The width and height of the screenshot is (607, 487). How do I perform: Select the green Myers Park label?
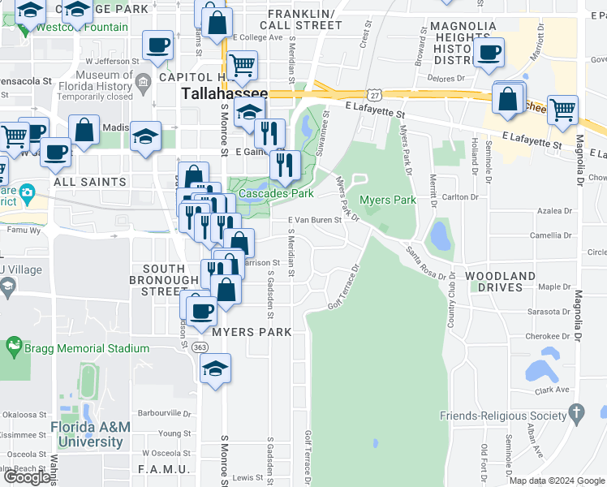pos(388,200)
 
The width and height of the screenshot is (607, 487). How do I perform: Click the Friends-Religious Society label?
pos(502,416)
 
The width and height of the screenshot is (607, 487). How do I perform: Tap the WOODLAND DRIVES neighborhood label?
pos(501,282)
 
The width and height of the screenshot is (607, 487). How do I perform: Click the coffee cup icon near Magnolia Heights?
pos(489,53)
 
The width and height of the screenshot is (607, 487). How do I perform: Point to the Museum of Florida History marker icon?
pos(144,80)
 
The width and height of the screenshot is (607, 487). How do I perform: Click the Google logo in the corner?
pos(27,477)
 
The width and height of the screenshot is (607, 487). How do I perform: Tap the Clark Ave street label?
pos(552,390)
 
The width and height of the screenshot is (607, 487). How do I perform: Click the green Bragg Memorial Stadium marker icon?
pos(14,348)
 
